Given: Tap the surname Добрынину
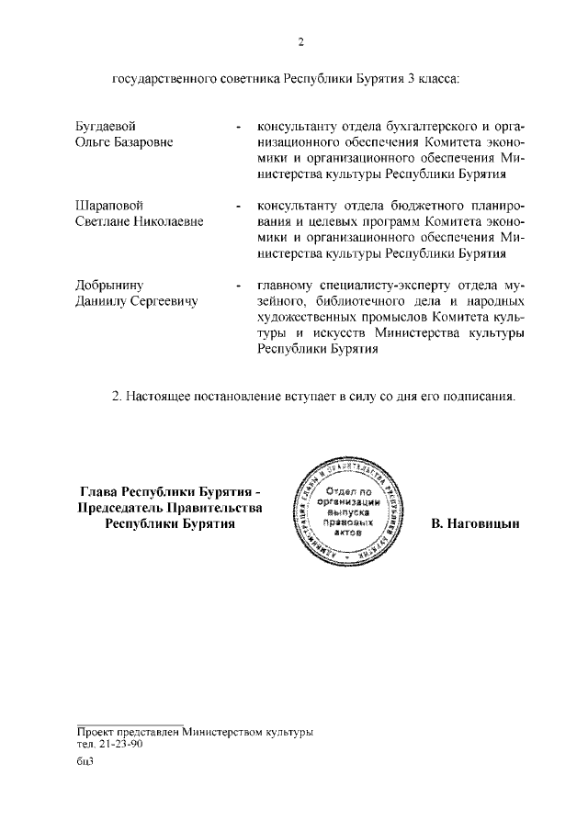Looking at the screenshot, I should (109, 285).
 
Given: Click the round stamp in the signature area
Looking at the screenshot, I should (348, 511).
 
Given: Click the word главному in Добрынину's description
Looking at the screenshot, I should (286, 285).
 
